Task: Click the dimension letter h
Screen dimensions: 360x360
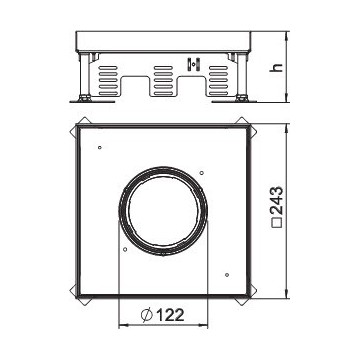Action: click(277, 67)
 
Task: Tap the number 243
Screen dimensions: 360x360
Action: click(277, 200)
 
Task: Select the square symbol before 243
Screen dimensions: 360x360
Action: click(277, 223)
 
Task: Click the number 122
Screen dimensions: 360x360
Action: click(170, 315)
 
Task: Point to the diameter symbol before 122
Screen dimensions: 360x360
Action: click(146, 315)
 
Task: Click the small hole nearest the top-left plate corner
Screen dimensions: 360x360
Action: click(100, 147)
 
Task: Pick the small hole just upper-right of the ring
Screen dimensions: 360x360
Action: click(201, 172)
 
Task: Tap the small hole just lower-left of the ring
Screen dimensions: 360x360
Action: click(125, 249)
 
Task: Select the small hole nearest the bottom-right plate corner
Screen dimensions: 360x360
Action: click(227, 275)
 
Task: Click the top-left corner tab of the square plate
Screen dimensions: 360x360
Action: click(77, 126)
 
